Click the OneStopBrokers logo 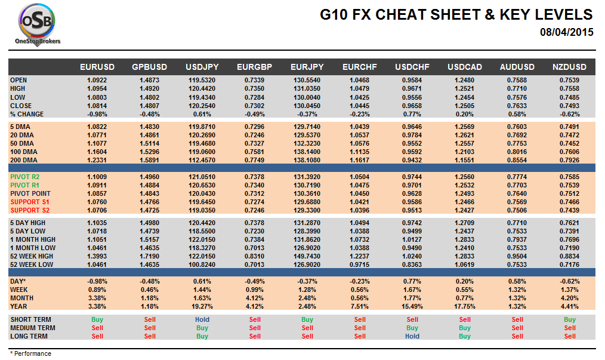point(38,24)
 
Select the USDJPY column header point(202,67)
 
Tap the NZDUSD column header point(570,67)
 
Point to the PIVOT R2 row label point(26,177)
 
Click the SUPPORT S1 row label point(30,202)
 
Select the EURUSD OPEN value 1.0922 point(97,80)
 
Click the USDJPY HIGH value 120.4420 point(202,88)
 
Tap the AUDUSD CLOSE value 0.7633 point(517,105)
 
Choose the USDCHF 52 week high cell point(412,256)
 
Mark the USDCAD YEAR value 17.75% point(465,306)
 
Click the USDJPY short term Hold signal point(202,319)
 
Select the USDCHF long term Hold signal point(412,336)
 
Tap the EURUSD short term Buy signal point(97,319)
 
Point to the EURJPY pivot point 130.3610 point(307,193)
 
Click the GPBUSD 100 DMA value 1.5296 point(150,152)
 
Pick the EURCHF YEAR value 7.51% point(360,306)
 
